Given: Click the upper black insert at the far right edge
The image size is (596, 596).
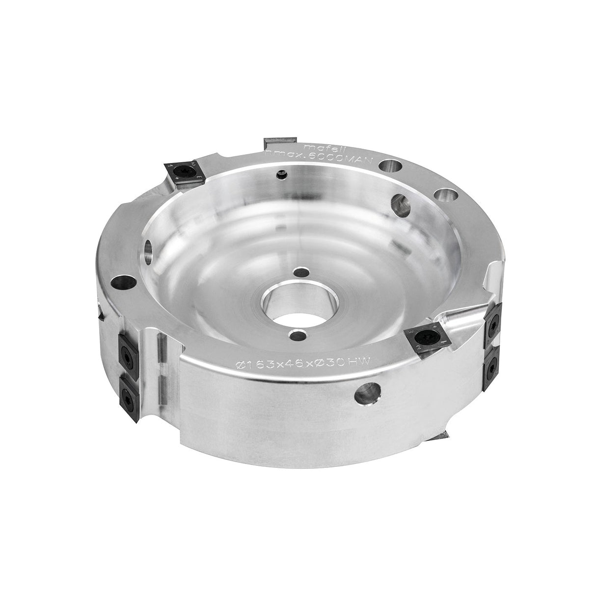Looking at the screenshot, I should (x=493, y=322).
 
